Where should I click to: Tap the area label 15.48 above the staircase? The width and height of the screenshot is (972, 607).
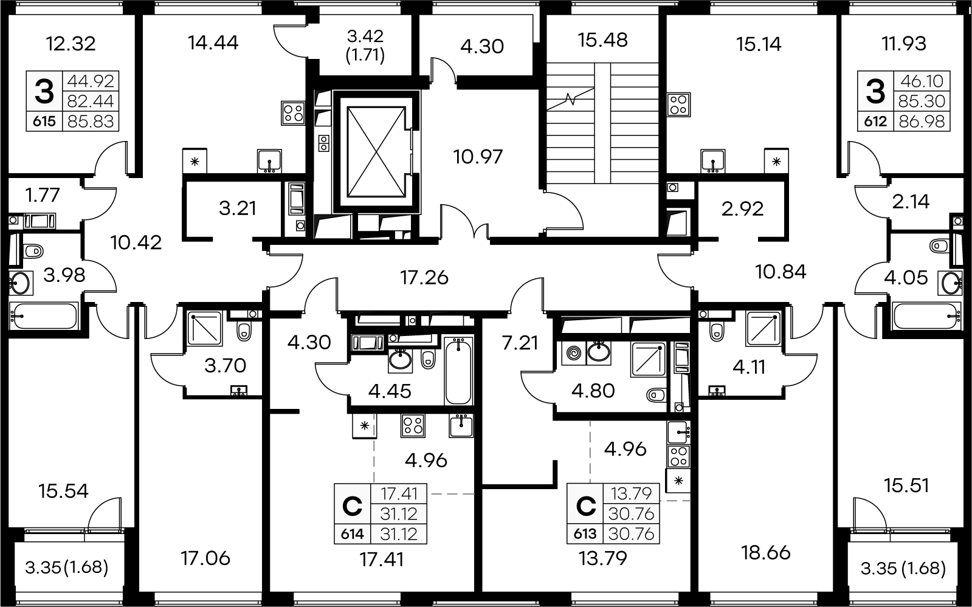tap(603, 40)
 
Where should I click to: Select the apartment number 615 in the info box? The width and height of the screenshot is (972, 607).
tap(44, 121)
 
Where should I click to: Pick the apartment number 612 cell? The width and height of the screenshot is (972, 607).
tap(875, 121)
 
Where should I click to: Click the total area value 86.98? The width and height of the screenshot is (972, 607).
tap(922, 121)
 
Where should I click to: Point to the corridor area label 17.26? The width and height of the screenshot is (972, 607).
tap(424, 278)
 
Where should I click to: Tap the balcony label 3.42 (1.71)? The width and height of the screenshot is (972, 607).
tap(365, 46)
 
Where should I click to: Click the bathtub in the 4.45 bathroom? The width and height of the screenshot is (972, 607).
tap(458, 371)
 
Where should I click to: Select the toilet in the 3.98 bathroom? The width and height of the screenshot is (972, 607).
tap(33, 251)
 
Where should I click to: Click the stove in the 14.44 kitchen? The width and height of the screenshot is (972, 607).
tap(293, 113)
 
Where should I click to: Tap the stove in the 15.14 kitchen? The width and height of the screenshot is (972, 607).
tap(678, 105)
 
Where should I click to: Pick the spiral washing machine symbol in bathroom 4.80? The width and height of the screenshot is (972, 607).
tap(573, 353)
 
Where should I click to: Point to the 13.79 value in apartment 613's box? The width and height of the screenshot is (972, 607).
tap(632, 493)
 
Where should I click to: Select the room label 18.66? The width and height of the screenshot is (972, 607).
tap(766, 553)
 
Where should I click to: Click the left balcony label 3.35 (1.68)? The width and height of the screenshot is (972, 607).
tap(66, 567)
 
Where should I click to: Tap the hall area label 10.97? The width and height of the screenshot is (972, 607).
tap(478, 157)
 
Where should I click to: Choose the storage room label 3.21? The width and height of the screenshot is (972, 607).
tap(237, 208)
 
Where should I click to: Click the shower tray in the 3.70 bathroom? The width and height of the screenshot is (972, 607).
tap(204, 329)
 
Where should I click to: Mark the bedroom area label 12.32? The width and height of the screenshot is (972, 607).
tap(71, 44)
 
